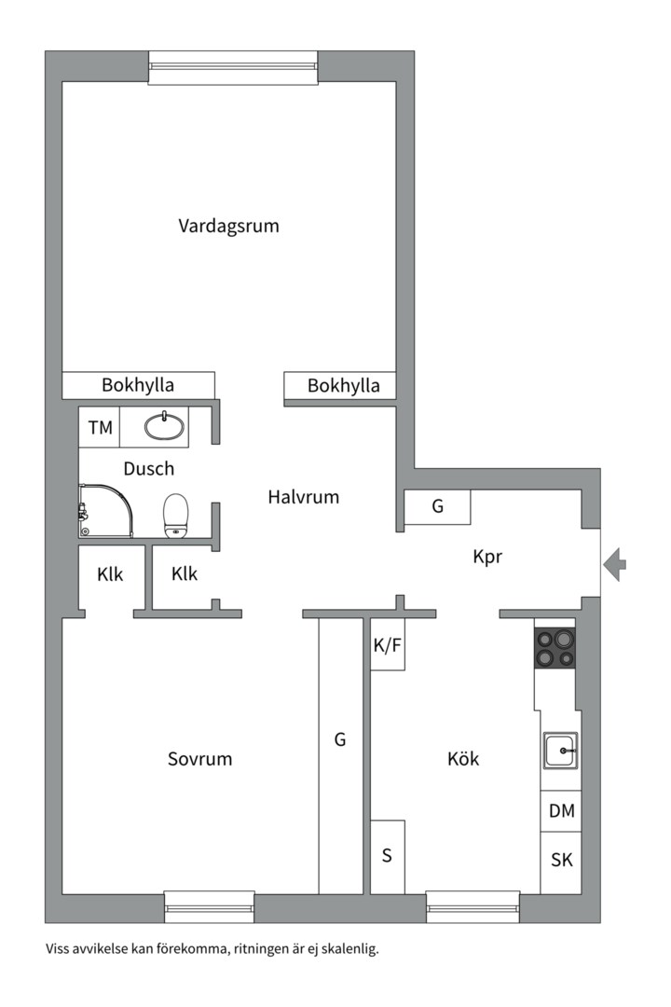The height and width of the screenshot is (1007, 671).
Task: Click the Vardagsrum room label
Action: coord(228,226)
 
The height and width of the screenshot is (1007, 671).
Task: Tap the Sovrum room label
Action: coord(199,759)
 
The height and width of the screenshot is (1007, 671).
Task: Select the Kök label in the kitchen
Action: coord(463,759)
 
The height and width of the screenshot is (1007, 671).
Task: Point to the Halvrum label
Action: coord(303,497)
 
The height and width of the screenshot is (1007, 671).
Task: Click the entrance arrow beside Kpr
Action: coord(615,564)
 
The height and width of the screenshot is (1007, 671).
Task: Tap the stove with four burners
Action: coord(555,648)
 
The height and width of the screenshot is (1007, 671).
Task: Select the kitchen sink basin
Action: coord(561,750)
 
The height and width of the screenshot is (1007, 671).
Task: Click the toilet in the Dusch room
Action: coord(176,516)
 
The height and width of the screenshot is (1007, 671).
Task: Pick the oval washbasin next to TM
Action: coord(165,427)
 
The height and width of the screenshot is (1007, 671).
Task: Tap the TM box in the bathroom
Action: coord(100,428)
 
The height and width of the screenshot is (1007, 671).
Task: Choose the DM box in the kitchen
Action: coord(561,811)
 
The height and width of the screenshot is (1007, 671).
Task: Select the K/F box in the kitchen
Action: coord(388,644)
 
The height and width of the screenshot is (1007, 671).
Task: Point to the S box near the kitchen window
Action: coord(388,857)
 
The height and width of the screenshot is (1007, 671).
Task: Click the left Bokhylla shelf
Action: coord(138,385)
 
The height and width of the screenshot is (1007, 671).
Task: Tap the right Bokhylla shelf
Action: coord(343,385)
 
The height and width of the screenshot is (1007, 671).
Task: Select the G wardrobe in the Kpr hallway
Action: coord(437,507)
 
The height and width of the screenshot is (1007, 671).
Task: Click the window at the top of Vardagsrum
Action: coord(233,67)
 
